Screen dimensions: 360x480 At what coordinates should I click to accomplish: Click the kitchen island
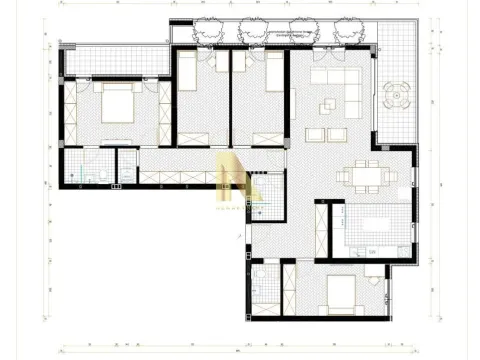(x=371, y=223)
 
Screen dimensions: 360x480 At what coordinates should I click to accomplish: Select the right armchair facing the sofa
(x=343, y=134)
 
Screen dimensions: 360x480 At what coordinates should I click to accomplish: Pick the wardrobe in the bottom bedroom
(x=289, y=284)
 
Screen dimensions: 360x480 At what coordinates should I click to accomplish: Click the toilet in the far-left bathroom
(x=90, y=177)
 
